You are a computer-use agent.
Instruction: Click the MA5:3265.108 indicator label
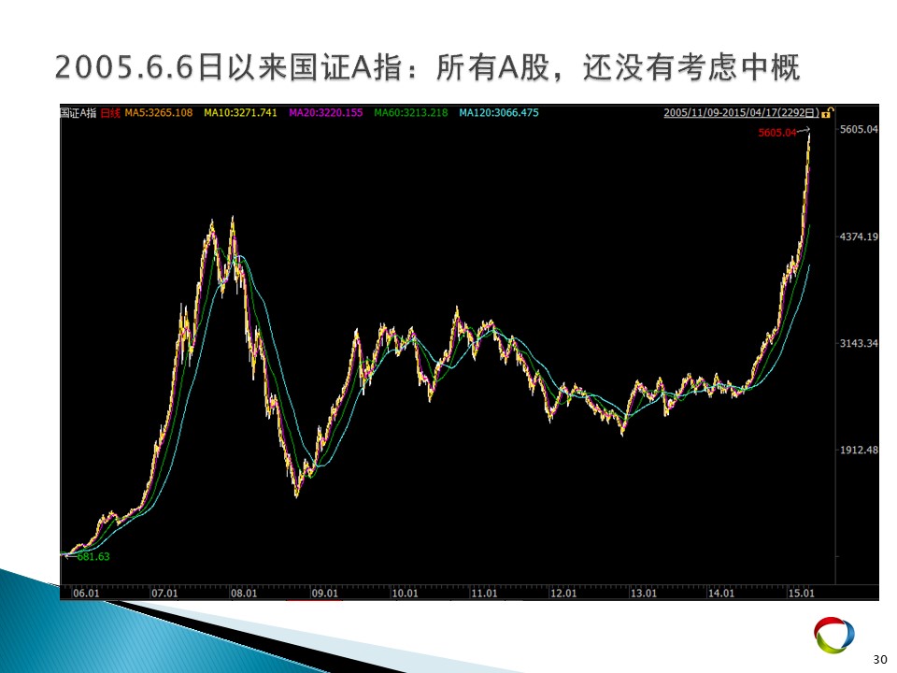pos(159,113)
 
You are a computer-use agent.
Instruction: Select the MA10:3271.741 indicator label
pos(240,113)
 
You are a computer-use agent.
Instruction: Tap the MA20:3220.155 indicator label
pos(325,113)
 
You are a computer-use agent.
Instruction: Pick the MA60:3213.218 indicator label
pos(411,113)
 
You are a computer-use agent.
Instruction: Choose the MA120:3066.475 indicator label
pos(499,113)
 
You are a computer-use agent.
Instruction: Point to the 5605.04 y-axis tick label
pos(859,129)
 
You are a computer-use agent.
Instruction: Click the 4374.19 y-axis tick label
pos(859,236)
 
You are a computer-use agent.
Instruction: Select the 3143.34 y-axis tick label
pos(859,343)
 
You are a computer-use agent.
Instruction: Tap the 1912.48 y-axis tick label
pos(859,450)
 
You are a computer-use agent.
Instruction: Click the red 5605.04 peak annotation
pos(777,133)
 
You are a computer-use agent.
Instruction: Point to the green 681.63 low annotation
pos(93,557)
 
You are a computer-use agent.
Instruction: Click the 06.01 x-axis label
pos(86,593)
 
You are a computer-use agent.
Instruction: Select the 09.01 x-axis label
pos(324,593)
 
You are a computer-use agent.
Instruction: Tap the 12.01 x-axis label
pos(563,593)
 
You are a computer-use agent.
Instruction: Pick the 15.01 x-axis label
pos(801,593)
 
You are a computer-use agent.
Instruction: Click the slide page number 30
pos(880,659)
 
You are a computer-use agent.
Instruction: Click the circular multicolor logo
pos(834,635)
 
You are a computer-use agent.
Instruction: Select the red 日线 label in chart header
pos(110,113)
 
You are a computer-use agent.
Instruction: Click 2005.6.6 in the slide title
pos(124,67)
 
